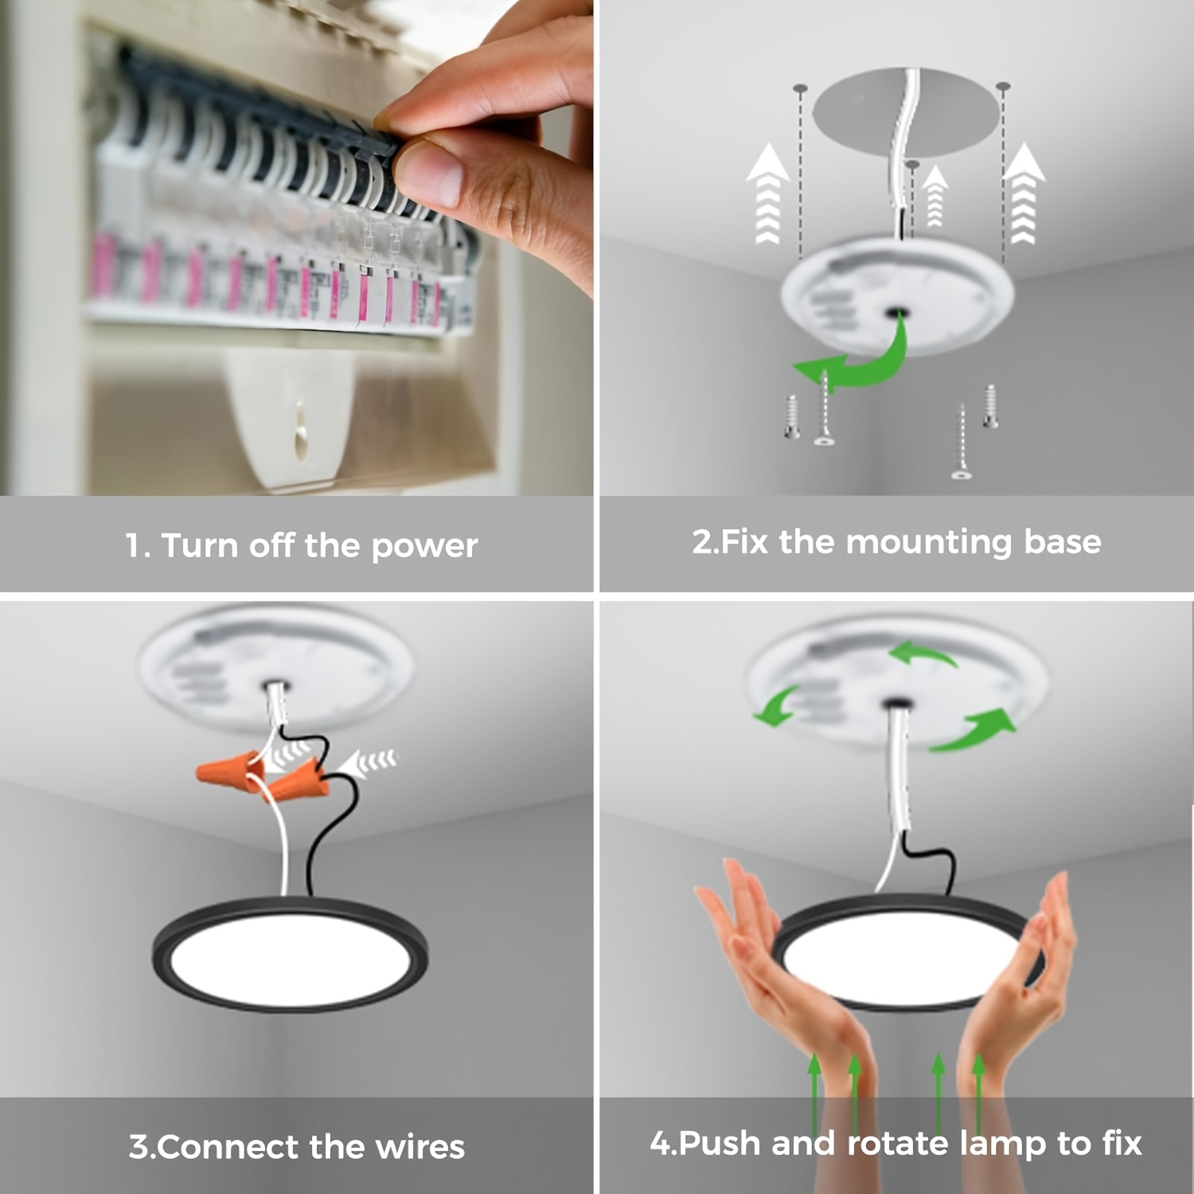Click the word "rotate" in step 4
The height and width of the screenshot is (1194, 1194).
[899, 1144]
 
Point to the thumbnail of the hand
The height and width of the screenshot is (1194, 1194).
[430, 172]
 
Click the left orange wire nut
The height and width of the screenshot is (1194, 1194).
[228, 768]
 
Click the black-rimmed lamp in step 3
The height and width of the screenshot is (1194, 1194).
[290, 954]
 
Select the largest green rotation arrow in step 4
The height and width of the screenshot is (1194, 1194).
[971, 729]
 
